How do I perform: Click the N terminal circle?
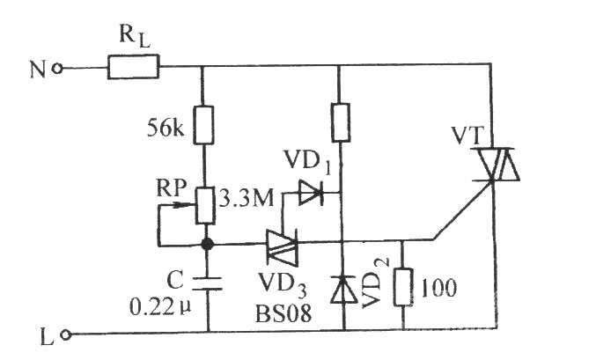pyautogui.click(x=57, y=69)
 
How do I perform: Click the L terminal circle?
pyautogui.click(x=66, y=335)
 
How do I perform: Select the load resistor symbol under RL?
pyautogui.click(x=133, y=67)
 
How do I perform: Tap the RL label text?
pyautogui.click(x=135, y=37)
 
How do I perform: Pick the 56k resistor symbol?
pyautogui.click(x=203, y=125)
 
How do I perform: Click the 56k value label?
pyautogui.click(x=166, y=129)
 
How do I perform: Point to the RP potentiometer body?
pyautogui.click(x=205, y=205)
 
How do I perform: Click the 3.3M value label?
pyautogui.click(x=246, y=198)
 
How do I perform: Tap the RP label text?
pyautogui.click(x=172, y=188)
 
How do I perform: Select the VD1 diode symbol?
pyautogui.click(x=311, y=193)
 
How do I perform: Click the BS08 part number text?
pyautogui.click(x=283, y=314)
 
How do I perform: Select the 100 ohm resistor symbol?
pyautogui.click(x=403, y=287)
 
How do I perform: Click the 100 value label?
pyautogui.click(x=438, y=288)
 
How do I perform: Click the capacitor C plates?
pyautogui.click(x=207, y=283)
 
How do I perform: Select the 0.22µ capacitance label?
pyautogui.click(x=160, y=307)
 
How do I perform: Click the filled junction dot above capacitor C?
pyautogui.click(x=207, y=244)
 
